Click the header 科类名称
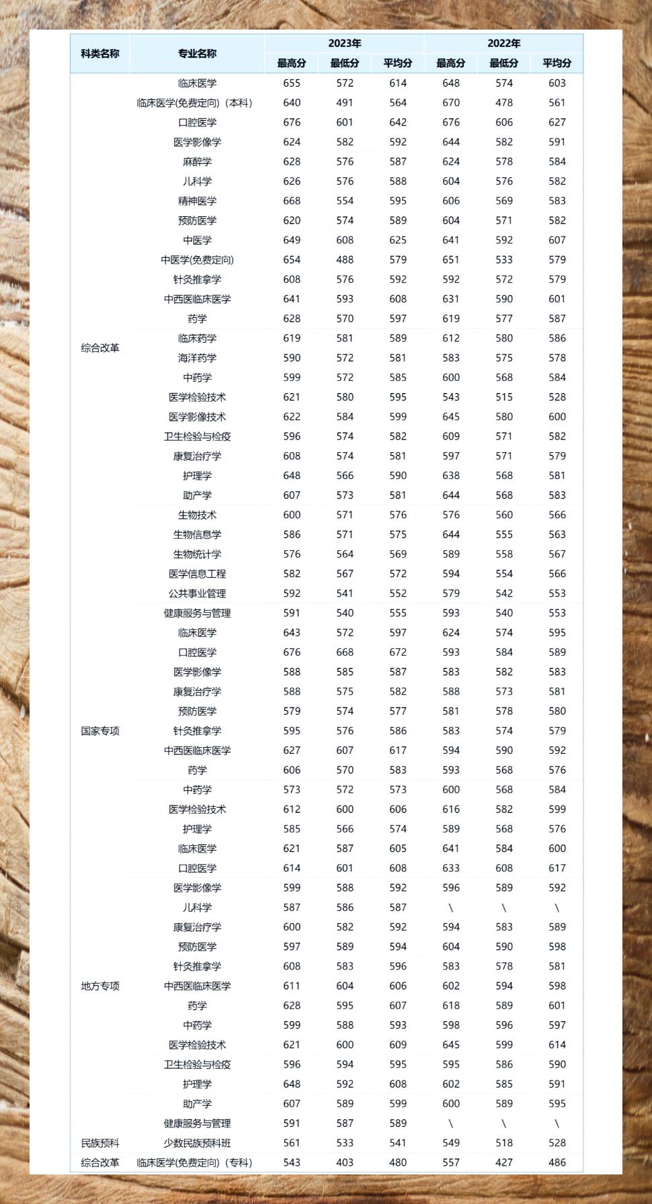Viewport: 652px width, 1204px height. [100, 54]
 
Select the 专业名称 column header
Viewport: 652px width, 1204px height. [197, 54]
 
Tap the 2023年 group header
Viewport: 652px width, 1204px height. [344, 44]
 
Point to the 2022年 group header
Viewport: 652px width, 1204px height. [503, 44]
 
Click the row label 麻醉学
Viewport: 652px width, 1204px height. [197, 162]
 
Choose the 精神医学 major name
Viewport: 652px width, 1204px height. [197, 201]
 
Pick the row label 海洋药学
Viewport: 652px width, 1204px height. [197, 358]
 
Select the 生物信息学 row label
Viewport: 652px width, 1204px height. [197, 535]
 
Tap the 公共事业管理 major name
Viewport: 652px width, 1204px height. [197, 593]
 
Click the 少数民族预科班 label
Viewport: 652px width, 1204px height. [197, 1143]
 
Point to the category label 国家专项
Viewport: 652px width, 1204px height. [100, 731]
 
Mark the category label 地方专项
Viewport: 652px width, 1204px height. [100, 986]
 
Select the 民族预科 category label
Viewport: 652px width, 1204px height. [100, 1143]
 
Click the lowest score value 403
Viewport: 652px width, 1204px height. [345, 1162]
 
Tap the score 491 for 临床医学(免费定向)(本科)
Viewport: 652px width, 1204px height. [345, 103]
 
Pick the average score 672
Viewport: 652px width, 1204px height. [398, 652]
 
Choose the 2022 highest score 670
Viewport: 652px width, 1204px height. [451, 103]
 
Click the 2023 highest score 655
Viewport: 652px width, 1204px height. [292, 83]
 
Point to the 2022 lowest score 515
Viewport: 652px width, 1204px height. [504, 397]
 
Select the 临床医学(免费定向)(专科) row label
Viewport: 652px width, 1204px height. [194, 1162]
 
